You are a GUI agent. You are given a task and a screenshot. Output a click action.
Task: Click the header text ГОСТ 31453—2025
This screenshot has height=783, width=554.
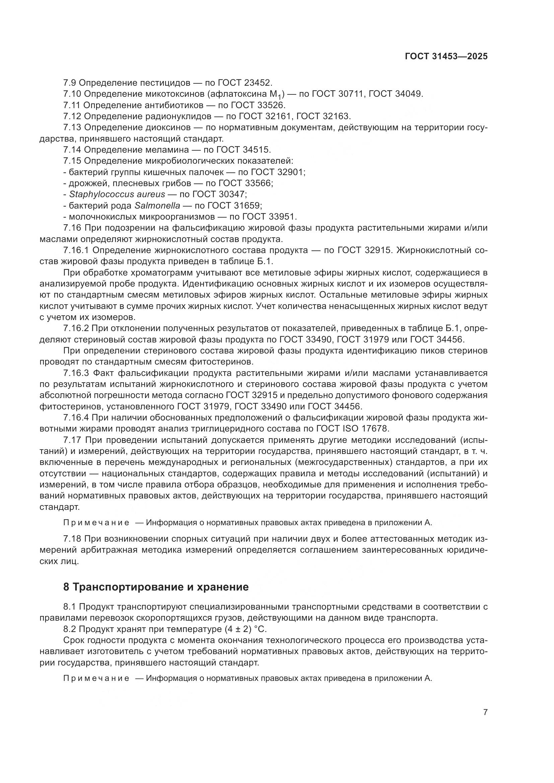(x=446, y=57)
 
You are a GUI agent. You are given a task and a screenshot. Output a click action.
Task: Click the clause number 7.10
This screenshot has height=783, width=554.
(x=72, y=94)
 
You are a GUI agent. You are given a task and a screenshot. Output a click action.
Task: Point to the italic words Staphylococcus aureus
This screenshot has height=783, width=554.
(x=117, y=194)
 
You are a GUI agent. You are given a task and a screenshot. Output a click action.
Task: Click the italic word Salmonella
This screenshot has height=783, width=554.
(x=157, y=206)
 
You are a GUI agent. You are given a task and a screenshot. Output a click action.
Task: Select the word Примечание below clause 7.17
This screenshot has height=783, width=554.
(x=96, y=523)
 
